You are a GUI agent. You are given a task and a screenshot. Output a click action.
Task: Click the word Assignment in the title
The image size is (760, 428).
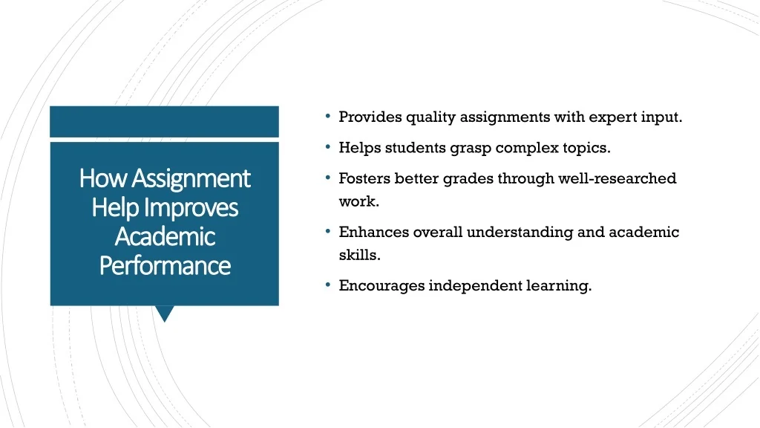[191, 179]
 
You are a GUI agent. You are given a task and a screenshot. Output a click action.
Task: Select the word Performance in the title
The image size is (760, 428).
[165, 266]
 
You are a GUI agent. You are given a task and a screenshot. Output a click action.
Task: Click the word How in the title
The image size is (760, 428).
[103, 178]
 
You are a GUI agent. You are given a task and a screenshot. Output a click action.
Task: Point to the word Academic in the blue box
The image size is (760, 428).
[165, 237]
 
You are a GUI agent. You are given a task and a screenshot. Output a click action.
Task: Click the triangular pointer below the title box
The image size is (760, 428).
[165, 314]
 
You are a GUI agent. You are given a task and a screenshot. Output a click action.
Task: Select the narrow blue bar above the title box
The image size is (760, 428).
[164, 122]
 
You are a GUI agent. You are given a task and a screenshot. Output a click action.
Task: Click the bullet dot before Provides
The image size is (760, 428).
[328, 116]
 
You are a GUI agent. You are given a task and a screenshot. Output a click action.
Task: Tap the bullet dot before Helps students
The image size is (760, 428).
[328, 146]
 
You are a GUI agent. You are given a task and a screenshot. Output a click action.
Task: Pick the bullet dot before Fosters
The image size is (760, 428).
[328, 178]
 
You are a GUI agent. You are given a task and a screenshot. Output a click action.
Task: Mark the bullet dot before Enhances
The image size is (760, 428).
[328, 231]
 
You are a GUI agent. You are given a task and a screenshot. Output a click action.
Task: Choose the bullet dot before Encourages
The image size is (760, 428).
[328, 285]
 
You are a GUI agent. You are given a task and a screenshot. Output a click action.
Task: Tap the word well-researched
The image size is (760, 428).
[617, 178]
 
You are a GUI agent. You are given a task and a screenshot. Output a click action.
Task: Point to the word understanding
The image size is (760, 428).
[520, 233]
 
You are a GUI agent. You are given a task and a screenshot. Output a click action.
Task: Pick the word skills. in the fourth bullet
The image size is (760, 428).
[360, 255]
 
